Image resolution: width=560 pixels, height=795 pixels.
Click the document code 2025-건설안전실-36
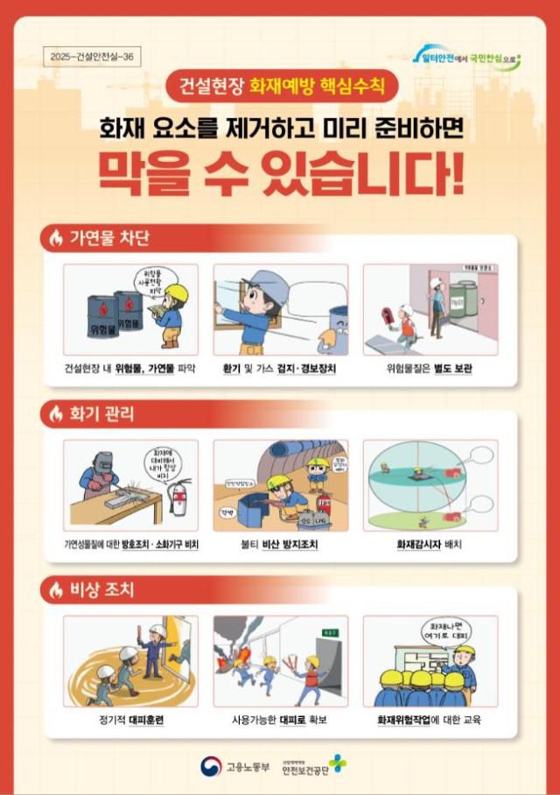[90, 57]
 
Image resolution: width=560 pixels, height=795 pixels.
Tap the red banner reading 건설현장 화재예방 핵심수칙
[281, 87]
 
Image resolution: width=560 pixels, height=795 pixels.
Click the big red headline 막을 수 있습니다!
[280, 175]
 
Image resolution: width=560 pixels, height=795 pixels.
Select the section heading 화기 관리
[102, 413]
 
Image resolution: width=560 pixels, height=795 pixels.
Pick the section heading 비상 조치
[102, 589]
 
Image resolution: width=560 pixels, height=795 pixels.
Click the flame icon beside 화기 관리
[57, 414]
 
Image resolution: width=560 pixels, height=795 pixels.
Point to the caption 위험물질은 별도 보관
[430, 369]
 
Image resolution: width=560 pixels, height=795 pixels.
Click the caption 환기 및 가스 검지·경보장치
[280, 369]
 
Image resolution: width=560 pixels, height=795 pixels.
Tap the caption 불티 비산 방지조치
[280, 545]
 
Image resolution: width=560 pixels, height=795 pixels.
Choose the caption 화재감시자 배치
[430, 545]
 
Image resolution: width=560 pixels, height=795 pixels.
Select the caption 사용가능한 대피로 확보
[280, 721]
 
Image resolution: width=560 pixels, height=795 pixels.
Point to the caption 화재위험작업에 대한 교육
[430, 721]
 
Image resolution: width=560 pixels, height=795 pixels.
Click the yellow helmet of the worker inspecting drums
[178, 292]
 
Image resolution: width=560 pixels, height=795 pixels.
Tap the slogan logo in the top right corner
[468, 59]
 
